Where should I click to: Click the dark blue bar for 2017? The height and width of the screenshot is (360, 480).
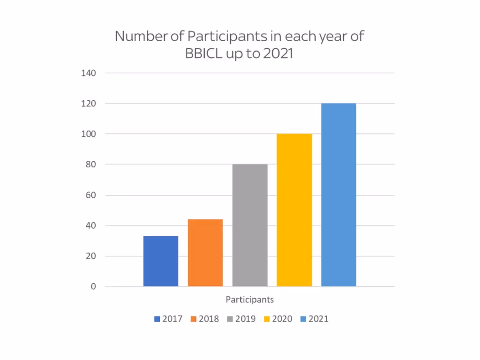pyautogui.click(x=161, y=261)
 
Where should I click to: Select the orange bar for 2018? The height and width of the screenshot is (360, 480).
pyautogui.click(x=205, y=253)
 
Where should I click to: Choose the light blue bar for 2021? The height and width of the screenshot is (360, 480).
pyautogui.click(x=338, y=195)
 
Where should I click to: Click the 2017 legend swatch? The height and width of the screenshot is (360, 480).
pyautogui.click(x=157, y=319)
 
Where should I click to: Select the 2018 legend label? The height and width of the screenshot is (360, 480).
pyautogui.click(x=209, y=319)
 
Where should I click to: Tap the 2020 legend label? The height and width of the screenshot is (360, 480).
pyautogui.click(x=282, y=319)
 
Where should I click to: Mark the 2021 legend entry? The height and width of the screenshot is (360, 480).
pyautogui.click(x=314, y=319)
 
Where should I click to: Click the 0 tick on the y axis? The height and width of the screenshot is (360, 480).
pyautogui.click(x=93, y=286)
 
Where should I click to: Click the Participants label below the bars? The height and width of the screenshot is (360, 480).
pyautogui.click(x=250, y=300)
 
